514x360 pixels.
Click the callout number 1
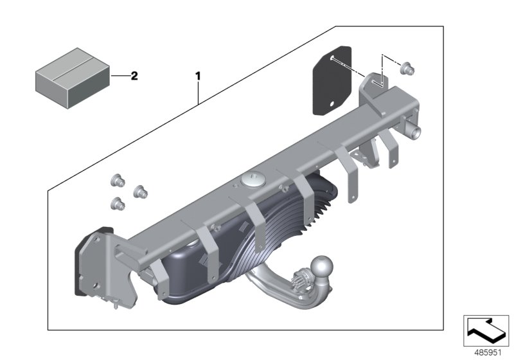pos(198,76)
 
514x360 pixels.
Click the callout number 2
pos(134,76)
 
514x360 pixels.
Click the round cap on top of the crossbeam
pos(251,181)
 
